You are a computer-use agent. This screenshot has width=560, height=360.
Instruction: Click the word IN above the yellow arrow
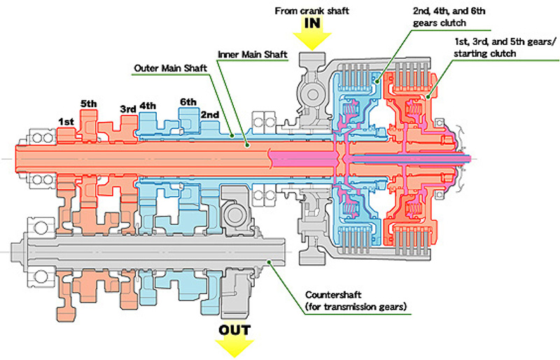coord(311,23)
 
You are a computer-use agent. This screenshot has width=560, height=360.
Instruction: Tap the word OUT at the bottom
coord(234,330)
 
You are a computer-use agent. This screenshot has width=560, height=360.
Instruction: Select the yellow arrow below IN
coord(312,41)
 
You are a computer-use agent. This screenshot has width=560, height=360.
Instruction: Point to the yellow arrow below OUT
coord(234,348)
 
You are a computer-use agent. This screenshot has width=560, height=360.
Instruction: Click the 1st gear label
coord(66,122)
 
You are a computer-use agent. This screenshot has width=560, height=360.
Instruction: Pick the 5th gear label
coord(89,104)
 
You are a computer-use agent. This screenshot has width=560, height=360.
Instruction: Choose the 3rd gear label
coord(128,109)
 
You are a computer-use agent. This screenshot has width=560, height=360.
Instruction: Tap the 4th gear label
coord(148,106)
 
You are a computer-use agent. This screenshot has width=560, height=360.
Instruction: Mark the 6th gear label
coord(188,102)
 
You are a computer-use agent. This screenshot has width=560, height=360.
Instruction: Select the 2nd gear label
coord(210,115)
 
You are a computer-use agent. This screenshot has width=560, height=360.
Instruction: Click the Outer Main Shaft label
coord(170,68)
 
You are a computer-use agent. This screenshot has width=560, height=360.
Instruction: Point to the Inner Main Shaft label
coord(253,55)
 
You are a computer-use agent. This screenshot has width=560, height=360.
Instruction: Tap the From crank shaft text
coord(311,11)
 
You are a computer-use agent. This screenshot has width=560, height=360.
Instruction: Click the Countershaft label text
coord(356,300)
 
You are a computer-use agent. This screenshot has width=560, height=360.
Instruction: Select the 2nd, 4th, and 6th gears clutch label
coord(449,17)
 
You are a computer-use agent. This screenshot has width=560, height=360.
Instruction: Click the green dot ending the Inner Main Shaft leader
coord(246,145)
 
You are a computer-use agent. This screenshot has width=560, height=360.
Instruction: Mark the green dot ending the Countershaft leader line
coord(269,263)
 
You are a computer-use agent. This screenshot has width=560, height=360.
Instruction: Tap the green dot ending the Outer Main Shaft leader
coord(232,135)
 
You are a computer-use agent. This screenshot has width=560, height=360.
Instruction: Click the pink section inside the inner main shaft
coord(304,158)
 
